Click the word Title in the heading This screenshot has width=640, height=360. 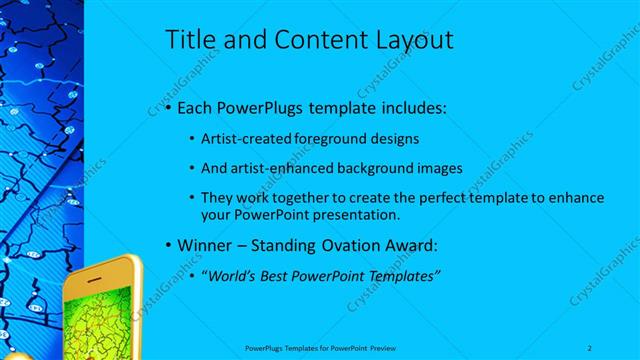pos(188,40)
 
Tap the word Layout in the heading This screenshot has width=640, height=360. pos(409,40)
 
